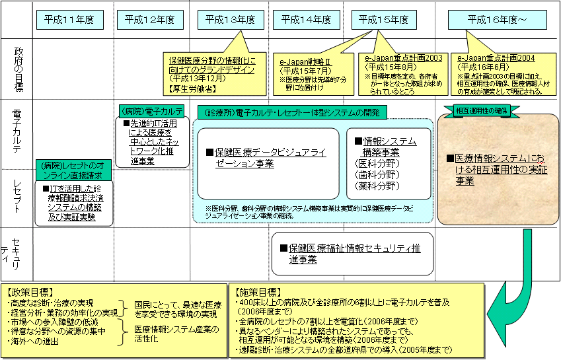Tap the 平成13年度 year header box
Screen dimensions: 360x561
tap(227, 20)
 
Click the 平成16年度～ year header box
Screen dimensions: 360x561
tap(496, 20)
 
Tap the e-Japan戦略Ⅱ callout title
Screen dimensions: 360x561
tap(305, 62)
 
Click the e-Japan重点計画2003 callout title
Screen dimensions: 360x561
tap(404, 58)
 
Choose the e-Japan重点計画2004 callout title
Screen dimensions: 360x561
tap(496, 58)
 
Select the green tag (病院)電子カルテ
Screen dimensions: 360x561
tap(151, 110)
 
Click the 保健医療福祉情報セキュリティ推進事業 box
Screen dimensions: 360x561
tap(353, 254)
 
